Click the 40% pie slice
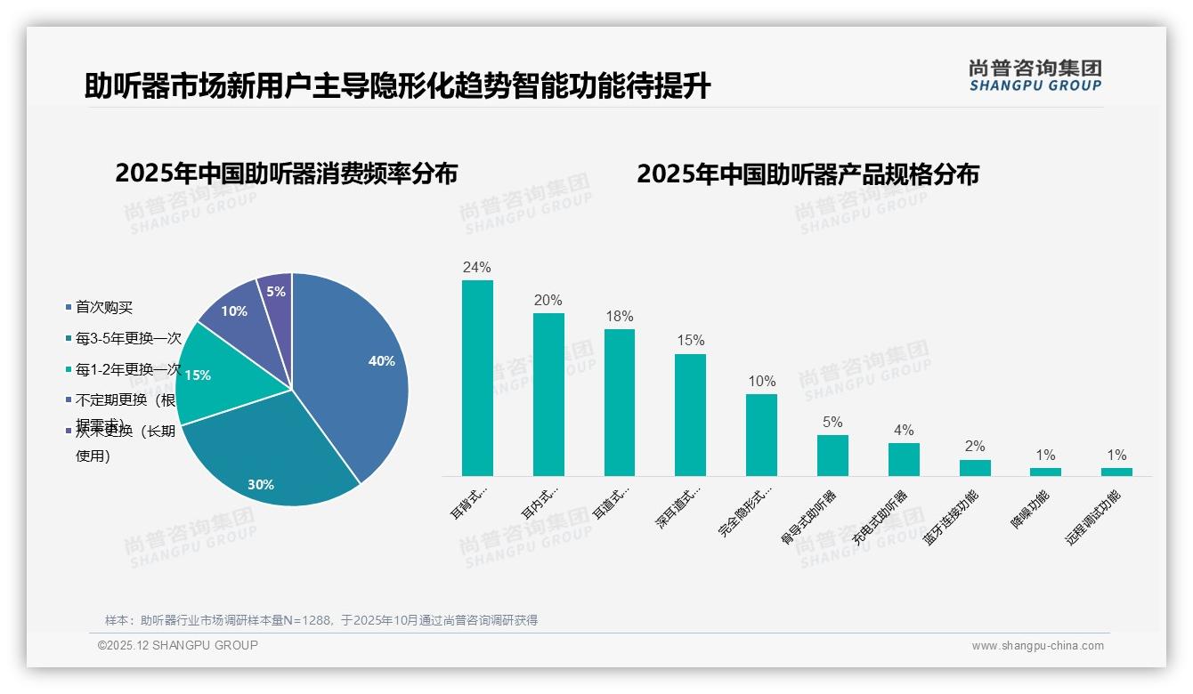[356, 365]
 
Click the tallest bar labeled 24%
[477, 378]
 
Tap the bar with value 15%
[690, 415]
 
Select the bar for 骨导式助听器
[832, 456]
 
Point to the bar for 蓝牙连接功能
[975, 468]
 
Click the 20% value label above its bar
[548, 301]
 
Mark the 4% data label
[904, 431]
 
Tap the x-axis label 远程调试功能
[1092, 517]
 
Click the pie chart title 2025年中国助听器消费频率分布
[286, 173]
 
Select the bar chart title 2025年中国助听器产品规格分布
[808, 173]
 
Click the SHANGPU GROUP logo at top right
[1035, 76]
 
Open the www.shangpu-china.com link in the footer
[1037, 646]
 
